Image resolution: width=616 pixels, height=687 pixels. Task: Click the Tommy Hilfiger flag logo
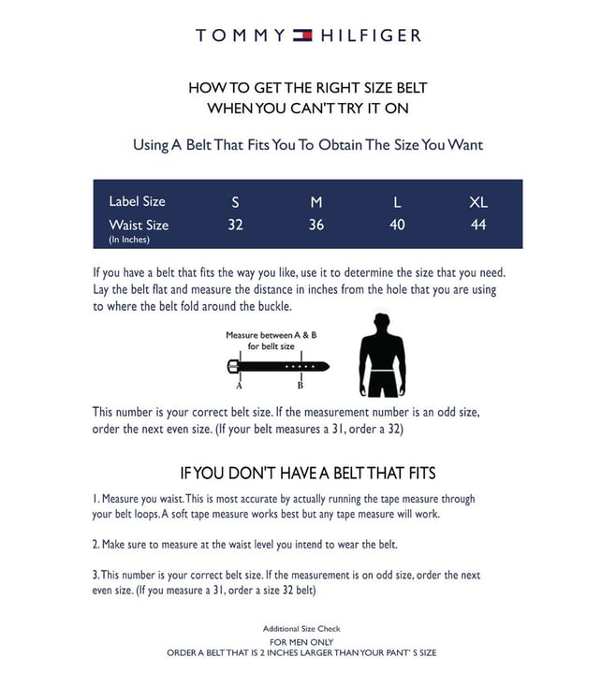(302, 36)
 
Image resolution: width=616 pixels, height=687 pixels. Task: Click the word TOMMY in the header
(241, 36)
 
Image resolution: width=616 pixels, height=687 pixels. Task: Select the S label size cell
(235, 202)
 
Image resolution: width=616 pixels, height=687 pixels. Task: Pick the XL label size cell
(478, 202)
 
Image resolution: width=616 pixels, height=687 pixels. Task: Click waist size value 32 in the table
(235, 225)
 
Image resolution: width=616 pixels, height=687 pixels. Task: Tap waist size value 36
(316, 225)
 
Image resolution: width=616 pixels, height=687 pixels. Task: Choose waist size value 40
(397, 225)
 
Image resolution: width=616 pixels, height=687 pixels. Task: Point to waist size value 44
(478, 225)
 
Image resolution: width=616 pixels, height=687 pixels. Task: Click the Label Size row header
(137, 201)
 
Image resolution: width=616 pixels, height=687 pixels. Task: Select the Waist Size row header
(139, 225)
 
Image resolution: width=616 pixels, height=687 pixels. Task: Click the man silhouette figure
(382, 355)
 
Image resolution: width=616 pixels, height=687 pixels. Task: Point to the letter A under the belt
(239, 385)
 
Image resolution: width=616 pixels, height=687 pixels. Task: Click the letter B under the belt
(300, 385)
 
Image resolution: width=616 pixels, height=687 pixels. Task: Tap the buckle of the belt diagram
(233, 365)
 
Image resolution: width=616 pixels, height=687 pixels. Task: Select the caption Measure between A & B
(271, 334)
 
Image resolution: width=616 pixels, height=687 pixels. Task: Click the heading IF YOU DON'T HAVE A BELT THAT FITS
(307, 474)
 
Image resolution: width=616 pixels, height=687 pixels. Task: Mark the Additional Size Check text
(301, 628)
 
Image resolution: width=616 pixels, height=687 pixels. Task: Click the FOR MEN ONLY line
(301, 642)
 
